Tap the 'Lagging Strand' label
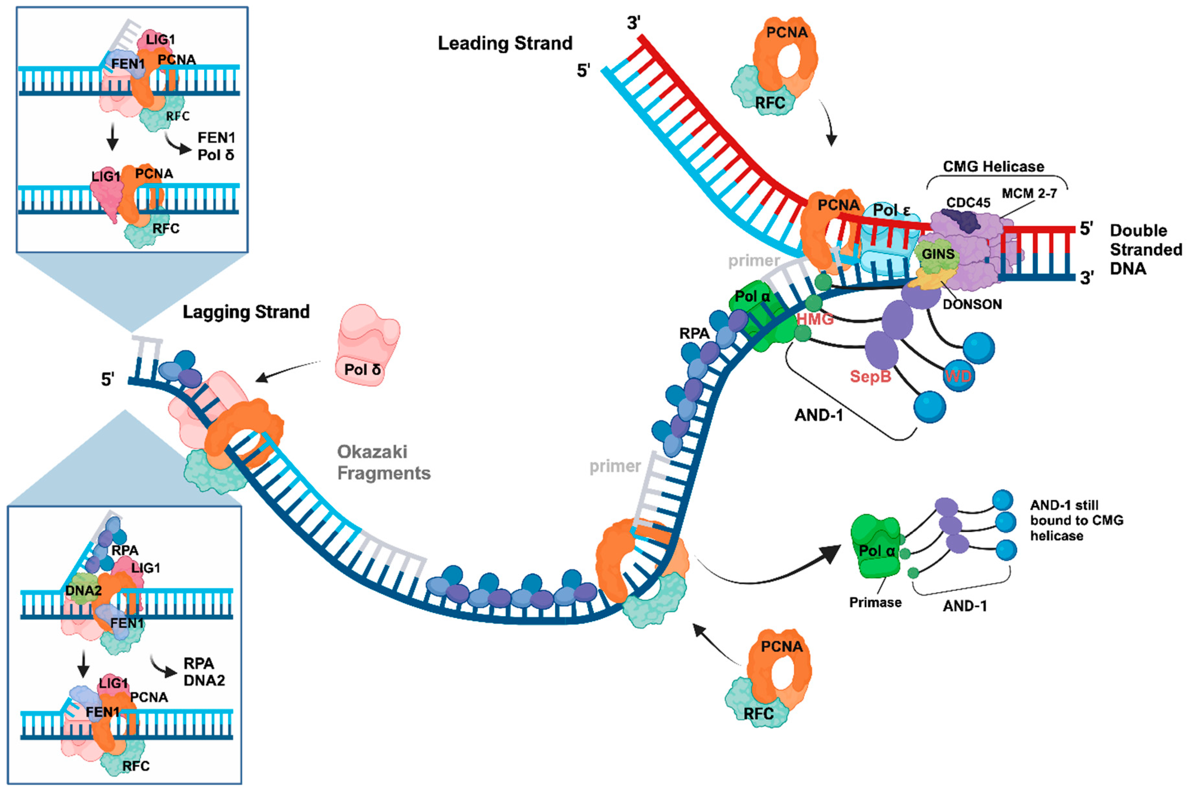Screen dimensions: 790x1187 [246, 312]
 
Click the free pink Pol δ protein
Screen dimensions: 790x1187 [367, 345]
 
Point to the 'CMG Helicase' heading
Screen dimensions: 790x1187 [993, 167]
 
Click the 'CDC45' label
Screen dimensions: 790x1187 [968, 203]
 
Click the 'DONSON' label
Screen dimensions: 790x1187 [972, 304]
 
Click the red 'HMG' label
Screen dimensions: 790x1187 [815, 319]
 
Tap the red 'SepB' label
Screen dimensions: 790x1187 [870, 376]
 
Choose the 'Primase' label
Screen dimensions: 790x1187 [875, 603]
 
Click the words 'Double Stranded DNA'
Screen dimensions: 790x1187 [1145, 249]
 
